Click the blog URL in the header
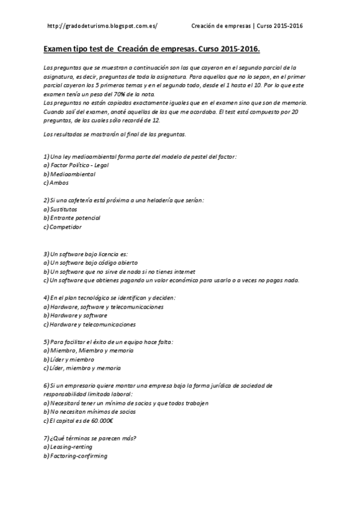tap(102, 26)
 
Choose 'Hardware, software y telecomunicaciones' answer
tap(106, 306)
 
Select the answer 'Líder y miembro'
tap(72, 359)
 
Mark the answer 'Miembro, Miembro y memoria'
tap(91, 350)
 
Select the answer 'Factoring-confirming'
tap(78, 456)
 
